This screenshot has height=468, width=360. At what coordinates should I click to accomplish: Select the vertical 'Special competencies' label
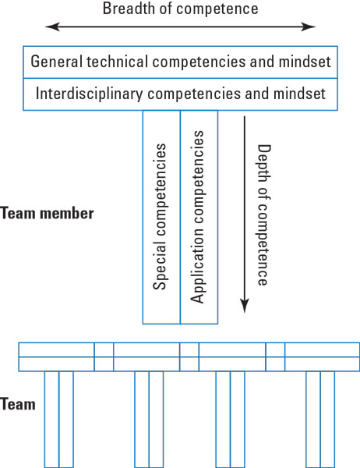point(161,217)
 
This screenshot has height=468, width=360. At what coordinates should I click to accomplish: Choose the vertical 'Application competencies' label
point(199,217)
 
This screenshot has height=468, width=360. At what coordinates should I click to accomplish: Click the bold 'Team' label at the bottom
point(18,405)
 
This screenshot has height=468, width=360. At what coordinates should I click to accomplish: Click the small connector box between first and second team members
point(104,356)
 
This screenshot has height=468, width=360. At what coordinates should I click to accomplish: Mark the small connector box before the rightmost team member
point(275,356)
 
